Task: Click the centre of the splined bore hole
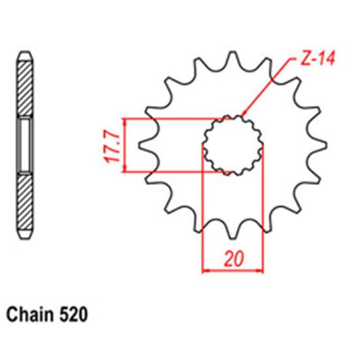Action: [233, 145]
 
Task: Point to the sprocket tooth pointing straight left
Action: [143, 145]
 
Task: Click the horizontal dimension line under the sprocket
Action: [233, 272]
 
